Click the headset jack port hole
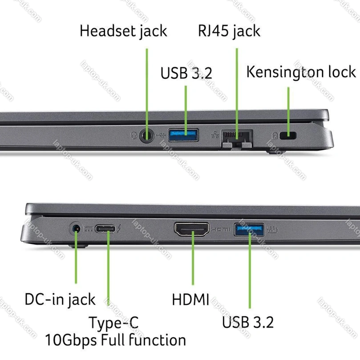coord(146,135)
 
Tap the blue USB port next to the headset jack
coord(183,135)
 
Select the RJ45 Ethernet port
coord(237,138)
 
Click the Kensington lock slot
coord(288,135)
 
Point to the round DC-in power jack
coord(76,229)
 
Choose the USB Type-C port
coord(105,229)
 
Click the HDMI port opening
coord(192,229)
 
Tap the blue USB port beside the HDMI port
coord(249,230)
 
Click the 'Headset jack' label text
coord(123,31)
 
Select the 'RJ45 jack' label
coord(229,31)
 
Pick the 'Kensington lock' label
coord(301,72)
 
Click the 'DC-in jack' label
coord(60,299)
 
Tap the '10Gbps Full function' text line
coord(116,340)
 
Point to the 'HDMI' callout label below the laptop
coord(190,299)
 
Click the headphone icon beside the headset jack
coord(134,135)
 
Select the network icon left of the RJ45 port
coord(215,135)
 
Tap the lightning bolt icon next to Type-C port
coord(119,229)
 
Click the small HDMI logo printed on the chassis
coord(221,229)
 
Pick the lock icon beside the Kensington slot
coord(275,136)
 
